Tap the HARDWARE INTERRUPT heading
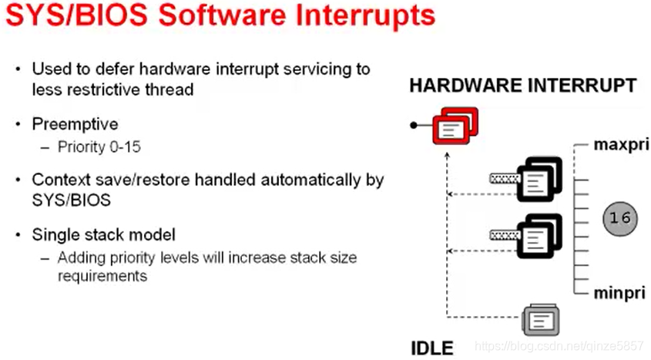(523, 85)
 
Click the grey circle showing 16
(619, 218)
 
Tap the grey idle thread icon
(541, 318)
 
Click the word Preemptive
(75, 124)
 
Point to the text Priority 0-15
(99, 147)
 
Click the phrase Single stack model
(103, 234)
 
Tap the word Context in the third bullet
(58, 180)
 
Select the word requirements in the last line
(102, 275)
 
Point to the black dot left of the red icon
(414, 124)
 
